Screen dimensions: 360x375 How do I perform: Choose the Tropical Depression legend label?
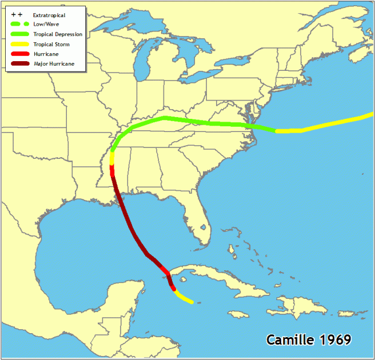pos(58,34)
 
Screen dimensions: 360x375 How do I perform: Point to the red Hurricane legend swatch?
pos(19,54)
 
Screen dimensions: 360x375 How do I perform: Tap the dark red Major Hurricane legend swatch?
pos(19,63)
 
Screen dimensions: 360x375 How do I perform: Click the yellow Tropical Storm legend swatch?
pos(19,44)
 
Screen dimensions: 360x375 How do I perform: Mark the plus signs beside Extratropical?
pos(16,14)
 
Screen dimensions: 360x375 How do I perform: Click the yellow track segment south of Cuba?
pos(184,297)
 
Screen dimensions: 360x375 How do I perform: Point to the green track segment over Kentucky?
pos(166,118)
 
